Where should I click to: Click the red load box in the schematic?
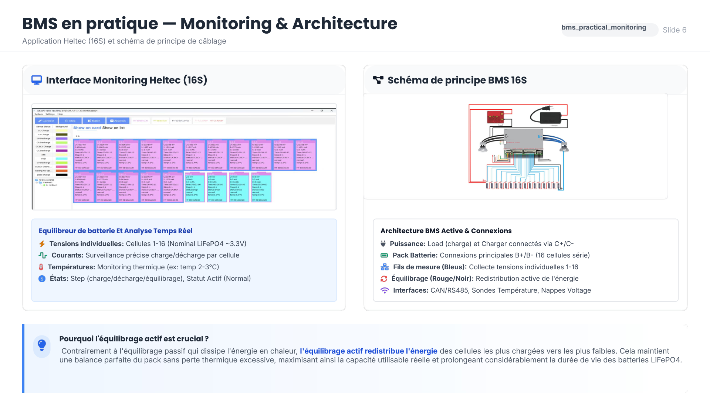(495, 117)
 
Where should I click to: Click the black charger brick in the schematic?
(551, 117)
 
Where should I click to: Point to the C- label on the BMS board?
(507, 136)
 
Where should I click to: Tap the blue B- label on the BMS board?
(540, 136)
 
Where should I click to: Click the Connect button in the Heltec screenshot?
(46, 121)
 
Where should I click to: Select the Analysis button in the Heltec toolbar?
(118, 121)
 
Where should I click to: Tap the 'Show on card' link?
(87, 128)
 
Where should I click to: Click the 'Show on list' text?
(114, 128)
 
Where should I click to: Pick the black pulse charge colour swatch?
(61, 175)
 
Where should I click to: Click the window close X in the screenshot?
(332, 110)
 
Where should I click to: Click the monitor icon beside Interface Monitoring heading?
(37, 80)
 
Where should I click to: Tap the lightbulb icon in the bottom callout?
(42, 345)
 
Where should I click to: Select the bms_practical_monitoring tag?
(603, 27)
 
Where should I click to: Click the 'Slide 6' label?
(674, 30)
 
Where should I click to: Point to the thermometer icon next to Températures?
(41, 267)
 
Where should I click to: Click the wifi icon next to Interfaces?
(385, 290)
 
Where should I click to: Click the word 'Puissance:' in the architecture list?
(408, 244)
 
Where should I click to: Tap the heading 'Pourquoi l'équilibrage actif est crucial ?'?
(134, 339)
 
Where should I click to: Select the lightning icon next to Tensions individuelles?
(42, 244)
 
